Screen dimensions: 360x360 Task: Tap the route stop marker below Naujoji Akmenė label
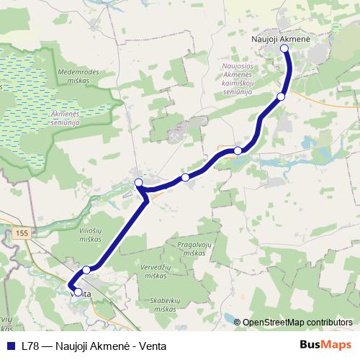click(x=284, y=48)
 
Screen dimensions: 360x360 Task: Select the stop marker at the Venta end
click(x=78, y=292)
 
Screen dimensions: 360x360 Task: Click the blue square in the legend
click(x=12, y=345)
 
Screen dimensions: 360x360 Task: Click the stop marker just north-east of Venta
click(x=86, y=270)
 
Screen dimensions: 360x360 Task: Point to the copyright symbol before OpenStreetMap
click(x=238, y=323)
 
